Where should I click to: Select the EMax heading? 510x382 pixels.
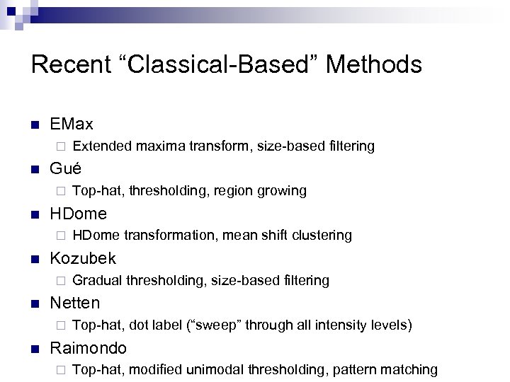(x=72, y=125)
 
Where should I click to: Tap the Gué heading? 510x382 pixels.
(x=65, y=169)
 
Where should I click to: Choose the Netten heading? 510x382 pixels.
(x=75, y=303)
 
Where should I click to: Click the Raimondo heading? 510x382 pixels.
(x=89, y=347)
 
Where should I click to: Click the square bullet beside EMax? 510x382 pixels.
(x=35, y=125)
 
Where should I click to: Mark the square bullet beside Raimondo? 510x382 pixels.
(x=35, y=348)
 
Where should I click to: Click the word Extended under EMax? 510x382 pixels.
(x=98, y=146)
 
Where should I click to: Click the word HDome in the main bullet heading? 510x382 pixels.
(x=78, y=214)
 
